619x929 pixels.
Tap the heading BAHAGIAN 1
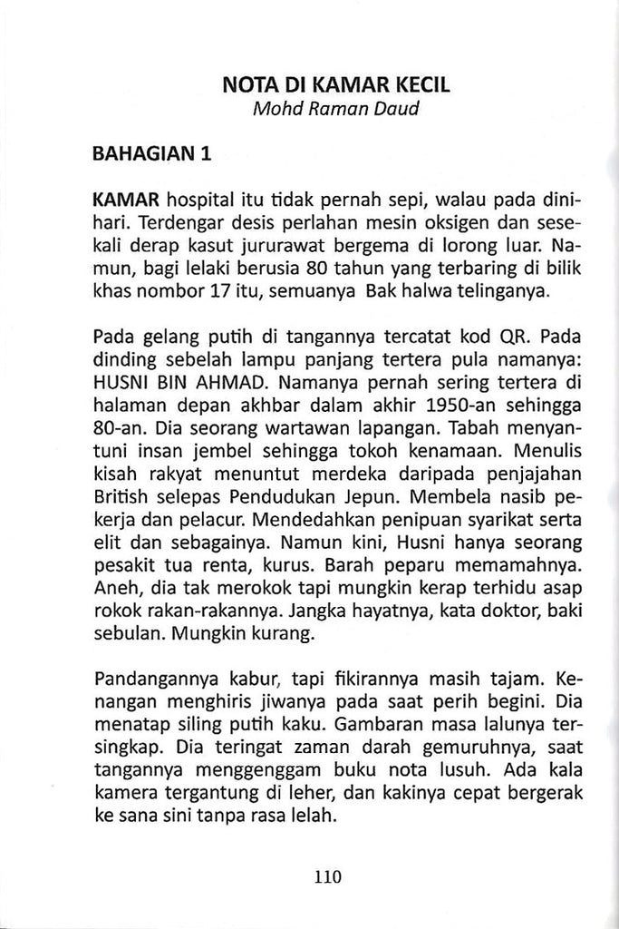[152, 153]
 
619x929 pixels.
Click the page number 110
[327, 877]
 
